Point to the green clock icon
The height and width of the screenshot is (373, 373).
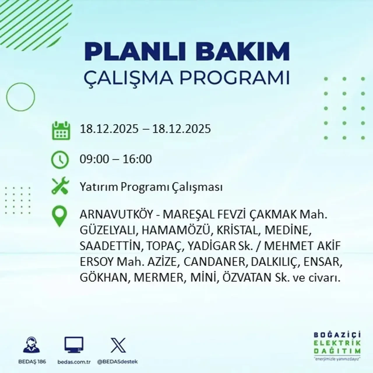[x=60, y=160]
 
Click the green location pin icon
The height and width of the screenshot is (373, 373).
[x=59, y=217]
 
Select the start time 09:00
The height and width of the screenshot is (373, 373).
[x=93, y=159]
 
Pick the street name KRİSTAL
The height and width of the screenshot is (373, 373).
[x=237, y=231]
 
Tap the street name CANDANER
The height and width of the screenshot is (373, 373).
[x=215, y=262]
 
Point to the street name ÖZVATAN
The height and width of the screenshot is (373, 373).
[x=247, y=277]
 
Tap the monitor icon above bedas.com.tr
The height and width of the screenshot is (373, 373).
[x=74, y=346]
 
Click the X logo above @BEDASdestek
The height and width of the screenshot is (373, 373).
[x=118, y=345]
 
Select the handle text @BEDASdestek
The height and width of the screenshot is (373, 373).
[x=117, y=362]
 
